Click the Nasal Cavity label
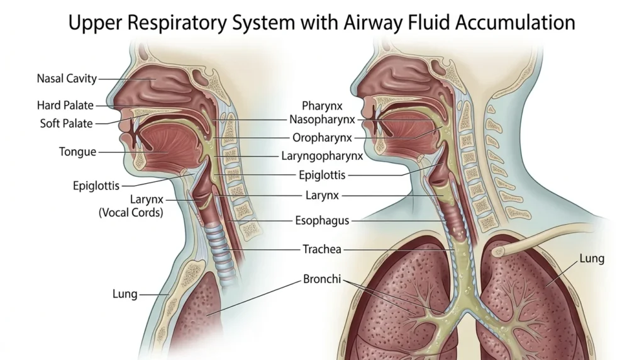click(x=67, y=78)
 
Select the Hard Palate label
click(x=65, y=105)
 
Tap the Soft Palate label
click(x=66, y=123)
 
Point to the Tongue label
click(x=77, y=152)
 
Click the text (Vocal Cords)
click(x=131, y=213)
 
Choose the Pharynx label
click(x=322, y=106)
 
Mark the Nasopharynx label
click(x=322, y=120)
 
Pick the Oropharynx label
click(x=322, y=138)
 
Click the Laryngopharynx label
click(x=322, y=156)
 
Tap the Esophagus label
click(x=322, y=221)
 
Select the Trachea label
click(x=322, y=249)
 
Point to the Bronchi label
click(x=322, y=279)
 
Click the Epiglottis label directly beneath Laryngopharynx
click(x=322, y=175)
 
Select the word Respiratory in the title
click(x=177, y=23)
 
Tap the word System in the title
click(x=264, y=23)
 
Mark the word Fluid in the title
click(x=429, y=22)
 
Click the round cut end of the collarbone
click(x=498, y=250)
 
